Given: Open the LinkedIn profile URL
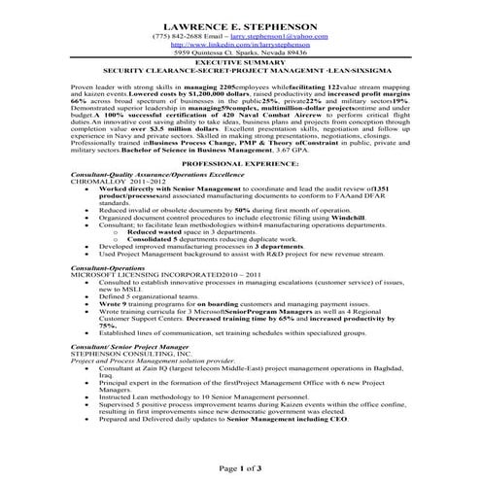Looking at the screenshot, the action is coord(240,44).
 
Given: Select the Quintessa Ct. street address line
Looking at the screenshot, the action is coord(240,52).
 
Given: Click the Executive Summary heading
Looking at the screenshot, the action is coord(240,61).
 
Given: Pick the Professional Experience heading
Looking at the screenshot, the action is coord(240,166).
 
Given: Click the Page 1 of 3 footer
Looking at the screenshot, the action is coord(240,467).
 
